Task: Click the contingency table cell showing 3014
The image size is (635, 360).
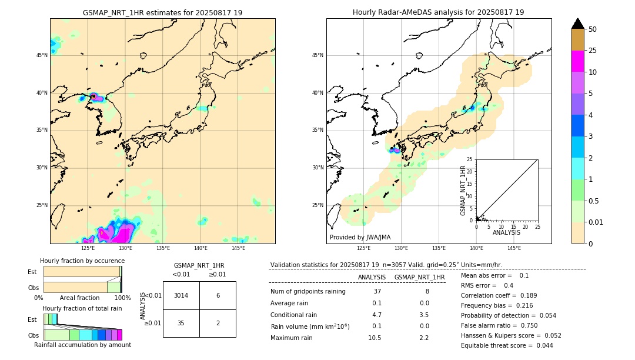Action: (x=181, y=295)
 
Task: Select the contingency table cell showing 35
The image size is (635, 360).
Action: (x=181, y=323)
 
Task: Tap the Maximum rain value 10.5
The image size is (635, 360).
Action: (x=375, y=338)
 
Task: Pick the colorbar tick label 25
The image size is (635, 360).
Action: (x=593, y=51)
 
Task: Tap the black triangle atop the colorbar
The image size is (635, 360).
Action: (x=578, y=24)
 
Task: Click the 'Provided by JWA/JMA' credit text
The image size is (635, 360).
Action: (x=360, y=238)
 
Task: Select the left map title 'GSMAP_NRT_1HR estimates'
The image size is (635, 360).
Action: (x=162, y=12)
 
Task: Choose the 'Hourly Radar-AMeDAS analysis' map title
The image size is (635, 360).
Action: (x=438, y=12)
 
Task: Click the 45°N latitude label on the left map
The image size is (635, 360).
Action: (x=42, y=55)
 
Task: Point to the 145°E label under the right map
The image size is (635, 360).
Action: (x=514, y=248)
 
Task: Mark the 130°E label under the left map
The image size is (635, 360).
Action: (x=125, y=248)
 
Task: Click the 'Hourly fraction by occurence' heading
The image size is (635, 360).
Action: (x=82, y=261)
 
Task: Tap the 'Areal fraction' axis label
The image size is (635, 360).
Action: (x=79, y=298)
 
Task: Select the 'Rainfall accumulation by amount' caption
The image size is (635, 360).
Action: (x=82, y=345)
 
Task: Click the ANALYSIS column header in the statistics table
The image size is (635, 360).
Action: (x=372, y=277)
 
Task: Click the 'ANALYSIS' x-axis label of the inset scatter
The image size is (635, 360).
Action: (x=506, y=232)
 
